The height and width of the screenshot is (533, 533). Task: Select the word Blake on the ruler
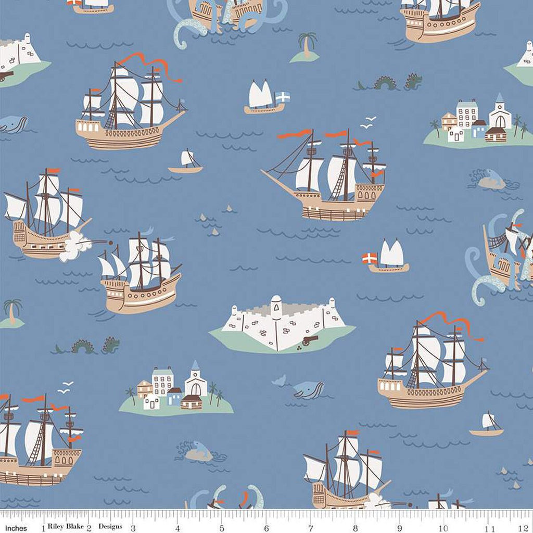click(75, 526)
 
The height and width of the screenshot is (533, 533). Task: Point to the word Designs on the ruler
click(110, 526)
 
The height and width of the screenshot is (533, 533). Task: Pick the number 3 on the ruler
click(133, 527)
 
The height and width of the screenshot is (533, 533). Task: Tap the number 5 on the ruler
click(222, 527)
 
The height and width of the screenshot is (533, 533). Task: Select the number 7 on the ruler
click(311, 527)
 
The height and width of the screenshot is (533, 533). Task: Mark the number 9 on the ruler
click(400, 527)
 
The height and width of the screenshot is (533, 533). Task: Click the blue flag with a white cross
click(283, 97)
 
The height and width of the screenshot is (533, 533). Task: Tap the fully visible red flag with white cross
click(370, 258)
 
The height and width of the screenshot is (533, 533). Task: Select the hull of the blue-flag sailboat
click(264, 109)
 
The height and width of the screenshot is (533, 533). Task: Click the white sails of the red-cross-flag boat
click(391, 253)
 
